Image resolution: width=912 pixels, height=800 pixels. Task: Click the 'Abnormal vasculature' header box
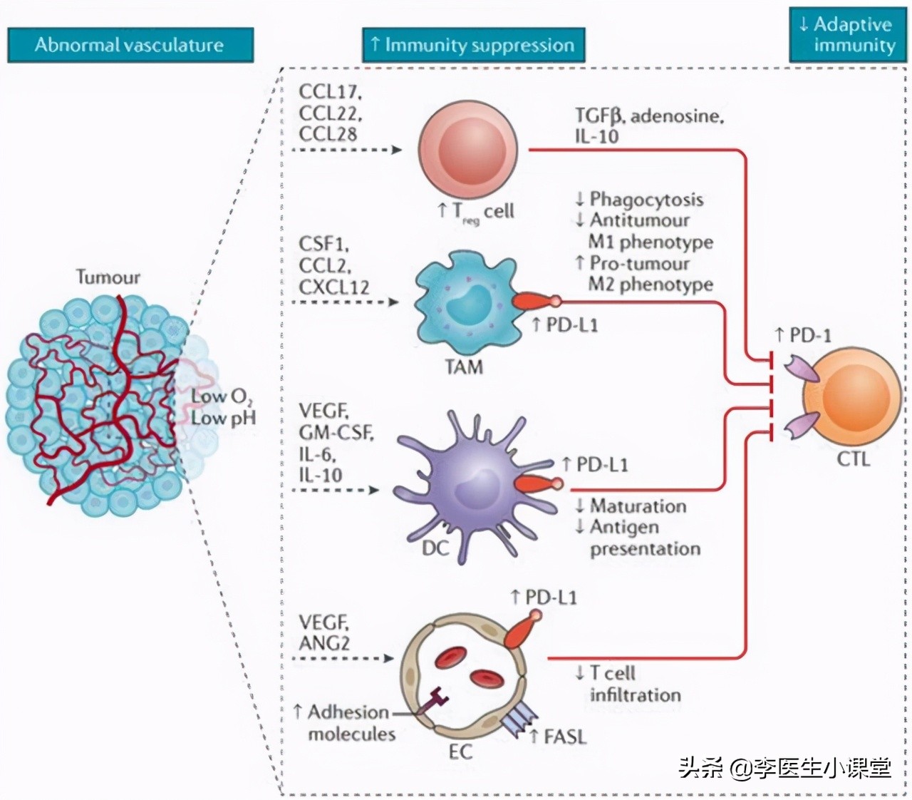click(130, 45)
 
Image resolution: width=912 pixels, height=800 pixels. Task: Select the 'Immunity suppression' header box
click(473, 45)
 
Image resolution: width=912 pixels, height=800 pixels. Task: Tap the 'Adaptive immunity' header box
click(846, 34)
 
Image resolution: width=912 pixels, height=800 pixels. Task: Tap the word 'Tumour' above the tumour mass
click(108, 277)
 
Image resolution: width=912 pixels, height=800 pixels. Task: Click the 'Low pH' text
click(223, 419)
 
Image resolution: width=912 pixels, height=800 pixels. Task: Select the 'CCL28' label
click(328, 133)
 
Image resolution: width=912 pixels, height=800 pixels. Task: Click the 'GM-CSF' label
click(336, 432)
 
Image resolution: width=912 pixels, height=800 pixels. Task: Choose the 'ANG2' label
click(324, 642)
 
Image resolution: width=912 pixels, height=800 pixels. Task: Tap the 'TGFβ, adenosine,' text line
click(649, 116)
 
